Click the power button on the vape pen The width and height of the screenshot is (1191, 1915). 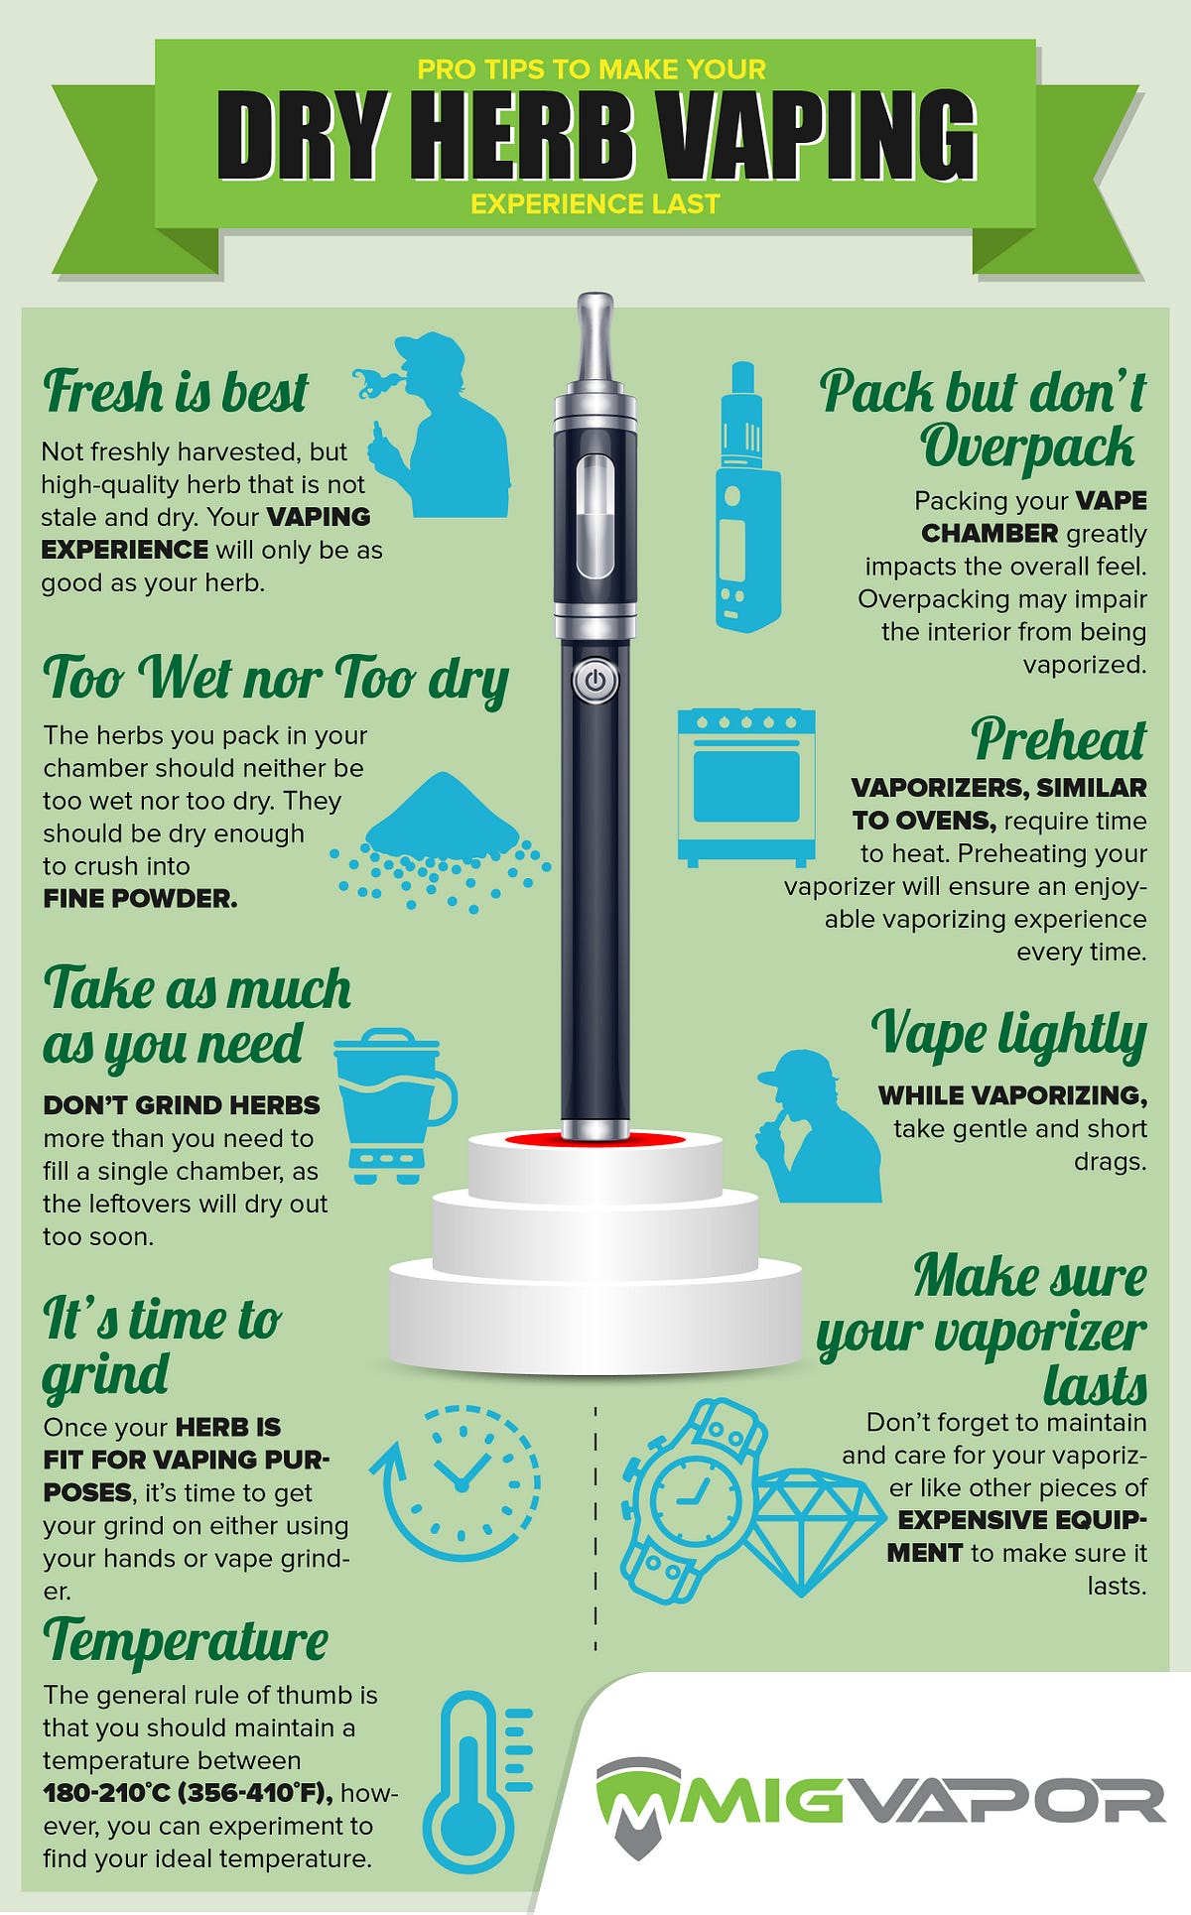(595, 681)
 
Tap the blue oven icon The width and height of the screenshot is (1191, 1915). (746, 787)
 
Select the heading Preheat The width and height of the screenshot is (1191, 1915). (1058, 739)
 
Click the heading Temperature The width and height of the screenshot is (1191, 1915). (186, 1640)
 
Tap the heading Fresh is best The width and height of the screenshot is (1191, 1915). (176, 392)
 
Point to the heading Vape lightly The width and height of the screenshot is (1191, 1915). (1008, 1034)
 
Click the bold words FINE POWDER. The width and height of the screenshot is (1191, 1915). (140, 899)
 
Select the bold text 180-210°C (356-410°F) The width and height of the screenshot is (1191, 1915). (188, 1793)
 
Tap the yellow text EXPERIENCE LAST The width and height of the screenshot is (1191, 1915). (595, 204)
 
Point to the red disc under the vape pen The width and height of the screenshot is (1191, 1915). (595, 1139)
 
